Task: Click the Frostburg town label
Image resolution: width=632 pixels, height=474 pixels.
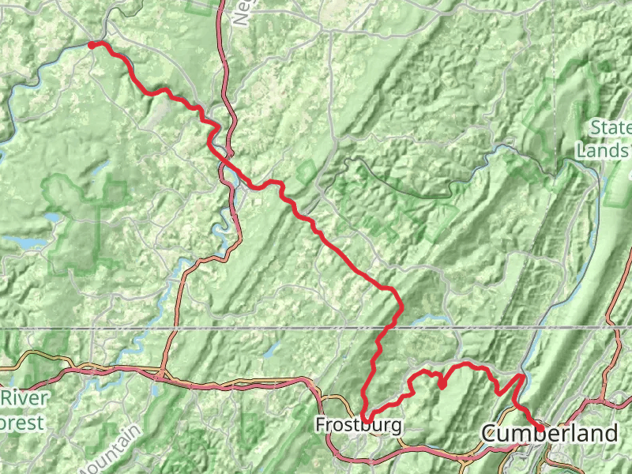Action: point(358,425)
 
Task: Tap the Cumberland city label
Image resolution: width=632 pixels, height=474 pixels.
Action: point(549,433)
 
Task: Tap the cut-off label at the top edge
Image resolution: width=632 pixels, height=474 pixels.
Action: point(241,13)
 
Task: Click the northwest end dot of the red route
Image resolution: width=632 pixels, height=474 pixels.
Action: point(92,45)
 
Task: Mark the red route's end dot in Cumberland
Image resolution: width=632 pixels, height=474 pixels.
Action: point(540,430)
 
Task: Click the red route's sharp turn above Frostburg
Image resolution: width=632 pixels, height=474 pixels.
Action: point(364,415)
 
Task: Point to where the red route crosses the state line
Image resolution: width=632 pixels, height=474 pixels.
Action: point(389,327)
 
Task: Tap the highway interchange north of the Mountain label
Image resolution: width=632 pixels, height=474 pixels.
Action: point(161,374)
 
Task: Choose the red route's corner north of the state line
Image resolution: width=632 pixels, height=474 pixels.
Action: point(393,290)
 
